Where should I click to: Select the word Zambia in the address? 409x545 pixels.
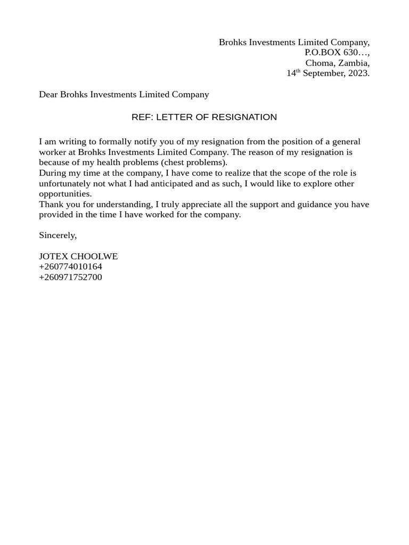pyautogui.click(x=351, y=63)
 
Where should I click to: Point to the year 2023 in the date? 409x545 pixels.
pyautogui.click(x=357, y=73)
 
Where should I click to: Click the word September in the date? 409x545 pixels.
pyautogui.click(x=323, y=73)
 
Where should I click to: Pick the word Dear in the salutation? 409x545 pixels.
pyautogui.click(x=48, y=95)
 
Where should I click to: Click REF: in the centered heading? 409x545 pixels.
pyautogui.click(x=142, y=117)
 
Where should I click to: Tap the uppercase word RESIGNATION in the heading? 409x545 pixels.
pyautogui.click(x=244, y=117)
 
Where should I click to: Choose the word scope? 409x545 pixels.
pyautogui.click(x=283, y=173)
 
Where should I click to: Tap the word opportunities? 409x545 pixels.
pyautogui.click(x=65, y=194)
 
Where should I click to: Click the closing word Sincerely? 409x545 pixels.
pyautogui.click(x=58, y=235)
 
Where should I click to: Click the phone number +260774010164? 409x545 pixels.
pyautogui.click(x=70, y=267)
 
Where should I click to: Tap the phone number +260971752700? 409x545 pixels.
pyautogui.click(x=70, y=277)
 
